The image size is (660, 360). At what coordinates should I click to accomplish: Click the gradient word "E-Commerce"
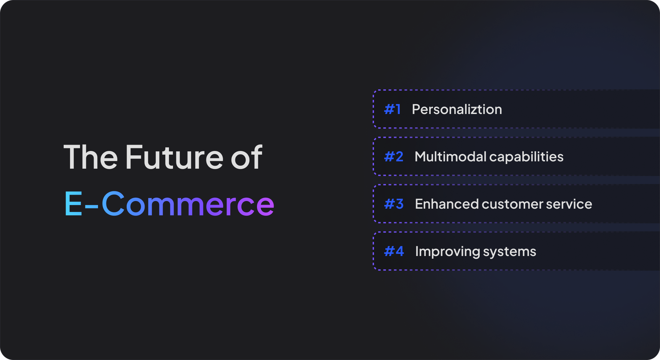pos(169,203)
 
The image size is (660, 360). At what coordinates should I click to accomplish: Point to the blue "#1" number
pos(392,109)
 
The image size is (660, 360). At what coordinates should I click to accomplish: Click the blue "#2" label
pos(394,157)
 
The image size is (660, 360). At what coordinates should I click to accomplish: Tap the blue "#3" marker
pos(394,204)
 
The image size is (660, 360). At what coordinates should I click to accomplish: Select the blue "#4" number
pos(394,251)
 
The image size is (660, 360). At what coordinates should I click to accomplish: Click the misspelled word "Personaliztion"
pos(457,109)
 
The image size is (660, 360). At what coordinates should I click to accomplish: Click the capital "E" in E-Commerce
pos(73,203)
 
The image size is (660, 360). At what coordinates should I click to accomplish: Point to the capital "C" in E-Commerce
pos(113,203)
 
